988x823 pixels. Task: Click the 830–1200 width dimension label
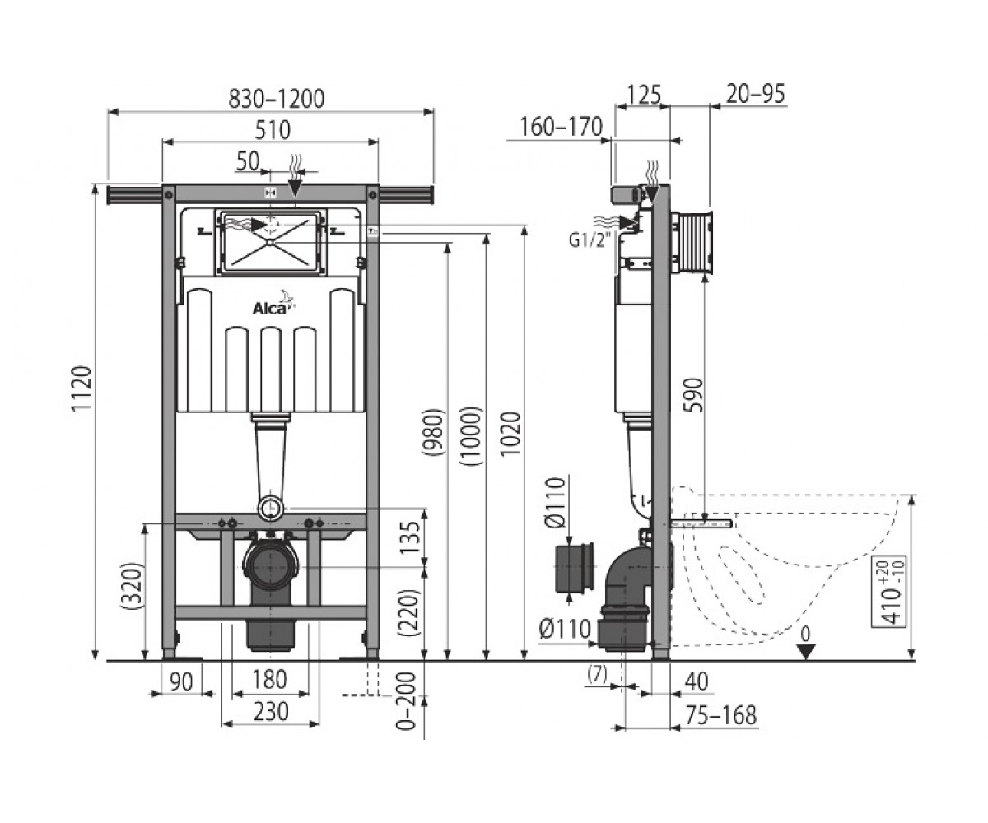tap(277, 99)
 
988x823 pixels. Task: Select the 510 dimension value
tap(273, 130)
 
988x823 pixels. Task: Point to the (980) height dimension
tap(432, 432)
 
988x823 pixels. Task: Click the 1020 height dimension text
tap(510, 433)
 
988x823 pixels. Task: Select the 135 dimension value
tap(409, 537)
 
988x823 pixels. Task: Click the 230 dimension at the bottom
tap(270, 711)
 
